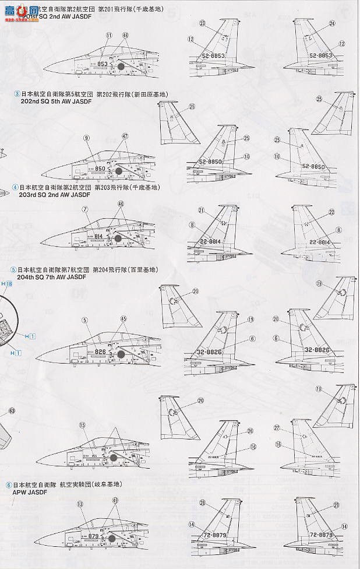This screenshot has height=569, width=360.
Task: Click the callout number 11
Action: tap(109, 35)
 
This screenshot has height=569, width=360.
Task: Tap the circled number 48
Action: tap(126, 35)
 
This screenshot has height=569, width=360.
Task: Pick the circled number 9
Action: tap(86, 138)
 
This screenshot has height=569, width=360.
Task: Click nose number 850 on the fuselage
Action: tap(100, 168)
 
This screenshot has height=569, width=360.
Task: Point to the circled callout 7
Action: tap(85, 209)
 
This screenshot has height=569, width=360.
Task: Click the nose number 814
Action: tap(100, 237)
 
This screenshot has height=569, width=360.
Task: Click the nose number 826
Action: tap(101, 352)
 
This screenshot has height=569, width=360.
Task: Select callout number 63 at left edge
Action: tap(12, 410)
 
